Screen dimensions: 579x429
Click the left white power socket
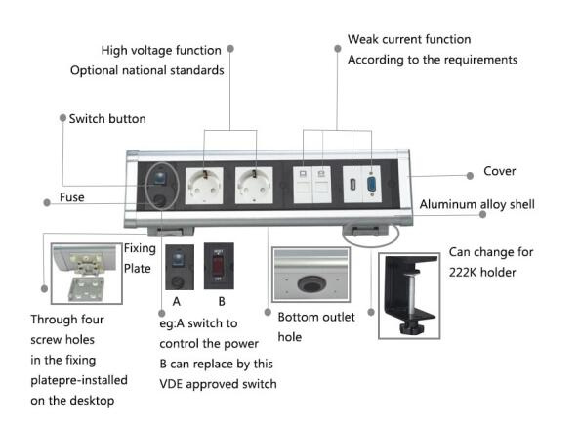[204, 186]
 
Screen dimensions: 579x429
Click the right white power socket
[254, 185]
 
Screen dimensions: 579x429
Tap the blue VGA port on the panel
[371, 184]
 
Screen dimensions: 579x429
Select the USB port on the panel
[352, 184]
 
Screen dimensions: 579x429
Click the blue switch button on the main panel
[160, 178]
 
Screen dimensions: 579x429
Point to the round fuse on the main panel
[160, 200]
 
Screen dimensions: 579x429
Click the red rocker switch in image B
[218, 265]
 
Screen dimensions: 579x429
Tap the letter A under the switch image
[177, 302]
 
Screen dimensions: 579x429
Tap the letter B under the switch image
[222, 302]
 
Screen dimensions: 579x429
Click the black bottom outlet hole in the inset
[310, 283]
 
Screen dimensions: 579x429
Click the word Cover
[500, 171]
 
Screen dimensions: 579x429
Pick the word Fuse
[72, 197]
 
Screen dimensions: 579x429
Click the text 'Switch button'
[107, 119]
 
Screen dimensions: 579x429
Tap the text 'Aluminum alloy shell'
[477, 204]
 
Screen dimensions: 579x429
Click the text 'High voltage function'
[161, 50]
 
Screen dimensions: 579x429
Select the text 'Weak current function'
[409, 39]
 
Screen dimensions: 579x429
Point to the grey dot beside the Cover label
[470, 176]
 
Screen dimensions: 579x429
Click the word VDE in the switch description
[171, 384]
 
